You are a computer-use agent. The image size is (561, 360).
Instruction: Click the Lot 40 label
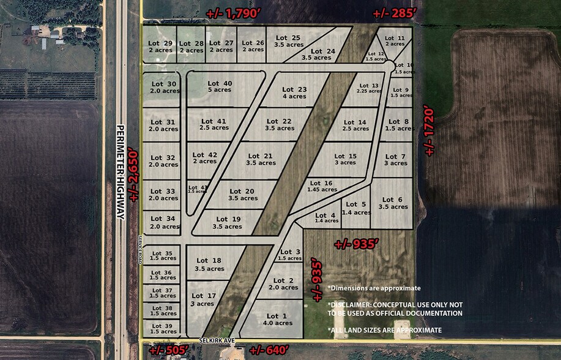click(220, 86)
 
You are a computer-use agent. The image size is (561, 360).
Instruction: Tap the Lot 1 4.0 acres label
click(277, 320)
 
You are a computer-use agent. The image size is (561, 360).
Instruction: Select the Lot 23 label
click(294, 92)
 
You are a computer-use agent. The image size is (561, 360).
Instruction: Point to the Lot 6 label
click(392, 203)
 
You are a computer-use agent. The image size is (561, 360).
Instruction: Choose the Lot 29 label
click(160, 47)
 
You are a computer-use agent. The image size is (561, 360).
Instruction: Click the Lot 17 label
click(202, 299)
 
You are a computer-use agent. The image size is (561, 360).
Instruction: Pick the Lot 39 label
click(163, 329)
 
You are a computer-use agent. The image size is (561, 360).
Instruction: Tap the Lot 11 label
click(395, 41)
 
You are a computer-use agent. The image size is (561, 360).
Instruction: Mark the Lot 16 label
click(321, 186)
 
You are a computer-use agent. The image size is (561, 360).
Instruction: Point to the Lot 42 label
click(204, 158)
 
